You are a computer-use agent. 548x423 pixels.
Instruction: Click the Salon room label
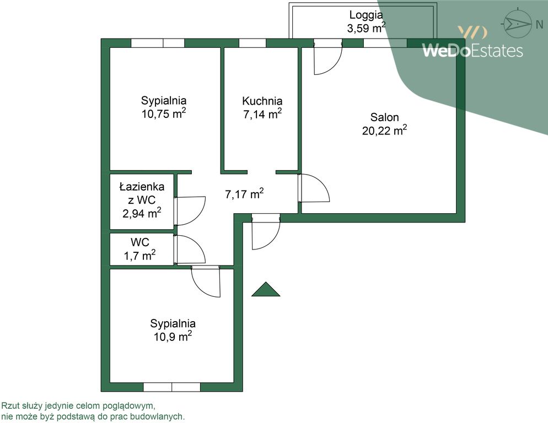[384, 117]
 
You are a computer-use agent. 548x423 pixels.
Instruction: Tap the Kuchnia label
[262, 101]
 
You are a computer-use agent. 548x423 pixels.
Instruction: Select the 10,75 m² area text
[164, 113]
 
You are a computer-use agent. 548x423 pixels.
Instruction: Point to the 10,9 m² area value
[173, 337]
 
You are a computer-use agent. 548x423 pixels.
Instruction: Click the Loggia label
[366, 15]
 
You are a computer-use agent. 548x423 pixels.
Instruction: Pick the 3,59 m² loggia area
[366, 28]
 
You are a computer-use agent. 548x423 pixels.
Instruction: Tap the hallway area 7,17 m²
[244, 194]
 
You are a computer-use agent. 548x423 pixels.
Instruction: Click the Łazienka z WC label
[142, 193]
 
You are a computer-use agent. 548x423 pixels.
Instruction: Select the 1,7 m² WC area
[140, 256]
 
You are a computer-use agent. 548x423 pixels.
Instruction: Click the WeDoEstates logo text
[472, 50]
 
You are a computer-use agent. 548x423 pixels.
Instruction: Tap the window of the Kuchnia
[252, 43]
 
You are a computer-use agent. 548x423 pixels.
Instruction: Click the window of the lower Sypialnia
[171, 387]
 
